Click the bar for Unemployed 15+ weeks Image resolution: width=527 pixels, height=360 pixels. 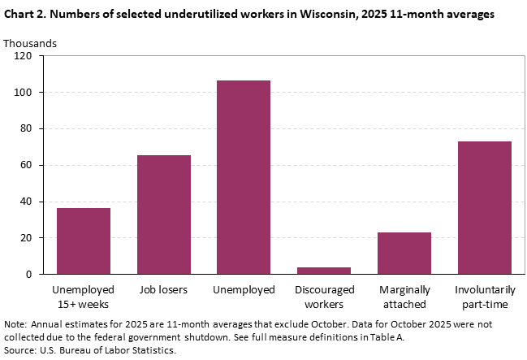84,241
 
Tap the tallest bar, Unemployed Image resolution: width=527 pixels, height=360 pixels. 244,177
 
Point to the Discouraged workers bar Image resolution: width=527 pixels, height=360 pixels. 324,271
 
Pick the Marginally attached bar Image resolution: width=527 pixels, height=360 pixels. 404,254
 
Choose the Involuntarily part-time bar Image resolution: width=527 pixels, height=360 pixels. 484,208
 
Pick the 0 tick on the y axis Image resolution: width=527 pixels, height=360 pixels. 28,275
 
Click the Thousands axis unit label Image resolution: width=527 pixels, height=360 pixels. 30,42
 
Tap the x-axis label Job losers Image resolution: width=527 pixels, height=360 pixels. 163,290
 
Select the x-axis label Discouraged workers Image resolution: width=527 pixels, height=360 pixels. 324,297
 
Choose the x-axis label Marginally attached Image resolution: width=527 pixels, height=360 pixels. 404,297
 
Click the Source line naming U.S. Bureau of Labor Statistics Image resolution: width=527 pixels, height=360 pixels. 90,350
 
